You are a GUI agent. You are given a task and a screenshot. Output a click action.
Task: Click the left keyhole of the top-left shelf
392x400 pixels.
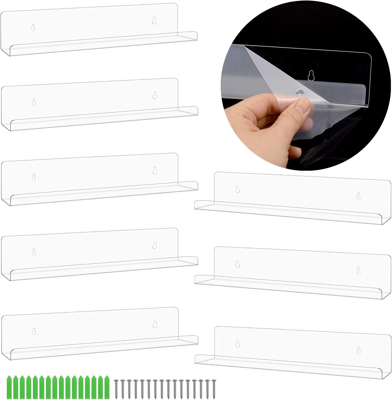[33, 27]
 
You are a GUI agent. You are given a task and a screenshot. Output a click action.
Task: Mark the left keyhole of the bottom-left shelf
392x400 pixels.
[34, 331]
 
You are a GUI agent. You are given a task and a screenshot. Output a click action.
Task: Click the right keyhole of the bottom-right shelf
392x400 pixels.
[359, 350]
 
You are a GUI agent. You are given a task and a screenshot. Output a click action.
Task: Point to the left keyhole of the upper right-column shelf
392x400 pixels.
[238, 189]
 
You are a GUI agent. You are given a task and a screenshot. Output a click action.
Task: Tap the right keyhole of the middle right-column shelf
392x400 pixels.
[359, 270]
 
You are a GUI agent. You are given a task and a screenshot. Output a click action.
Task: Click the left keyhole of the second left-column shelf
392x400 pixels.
[33, 102]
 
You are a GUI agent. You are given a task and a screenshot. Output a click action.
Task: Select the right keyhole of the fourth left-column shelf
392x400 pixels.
[155, 245]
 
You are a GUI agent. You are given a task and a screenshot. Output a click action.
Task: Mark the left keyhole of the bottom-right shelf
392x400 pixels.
[238, 344]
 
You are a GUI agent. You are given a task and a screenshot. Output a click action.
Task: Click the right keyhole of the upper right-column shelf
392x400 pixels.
[359, 196]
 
